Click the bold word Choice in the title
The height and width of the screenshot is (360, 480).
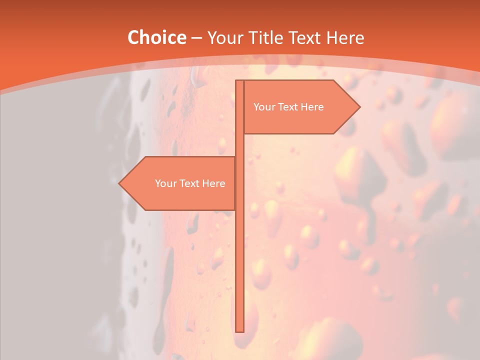tap(156, 37)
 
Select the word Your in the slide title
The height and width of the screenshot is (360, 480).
tap(224, 38)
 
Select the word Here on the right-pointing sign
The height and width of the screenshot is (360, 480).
tap(312, 107)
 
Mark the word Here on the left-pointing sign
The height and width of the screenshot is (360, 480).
tap(214, 183)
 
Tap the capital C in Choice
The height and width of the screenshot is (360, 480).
tap(133, 37)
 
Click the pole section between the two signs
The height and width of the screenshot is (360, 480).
tap(239, 145)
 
